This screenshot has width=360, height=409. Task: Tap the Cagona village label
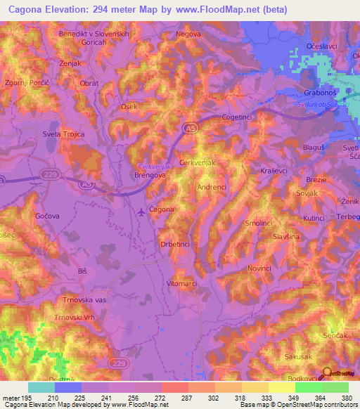coord(162,209)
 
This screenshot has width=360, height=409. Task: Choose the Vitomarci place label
coord(184,282)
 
